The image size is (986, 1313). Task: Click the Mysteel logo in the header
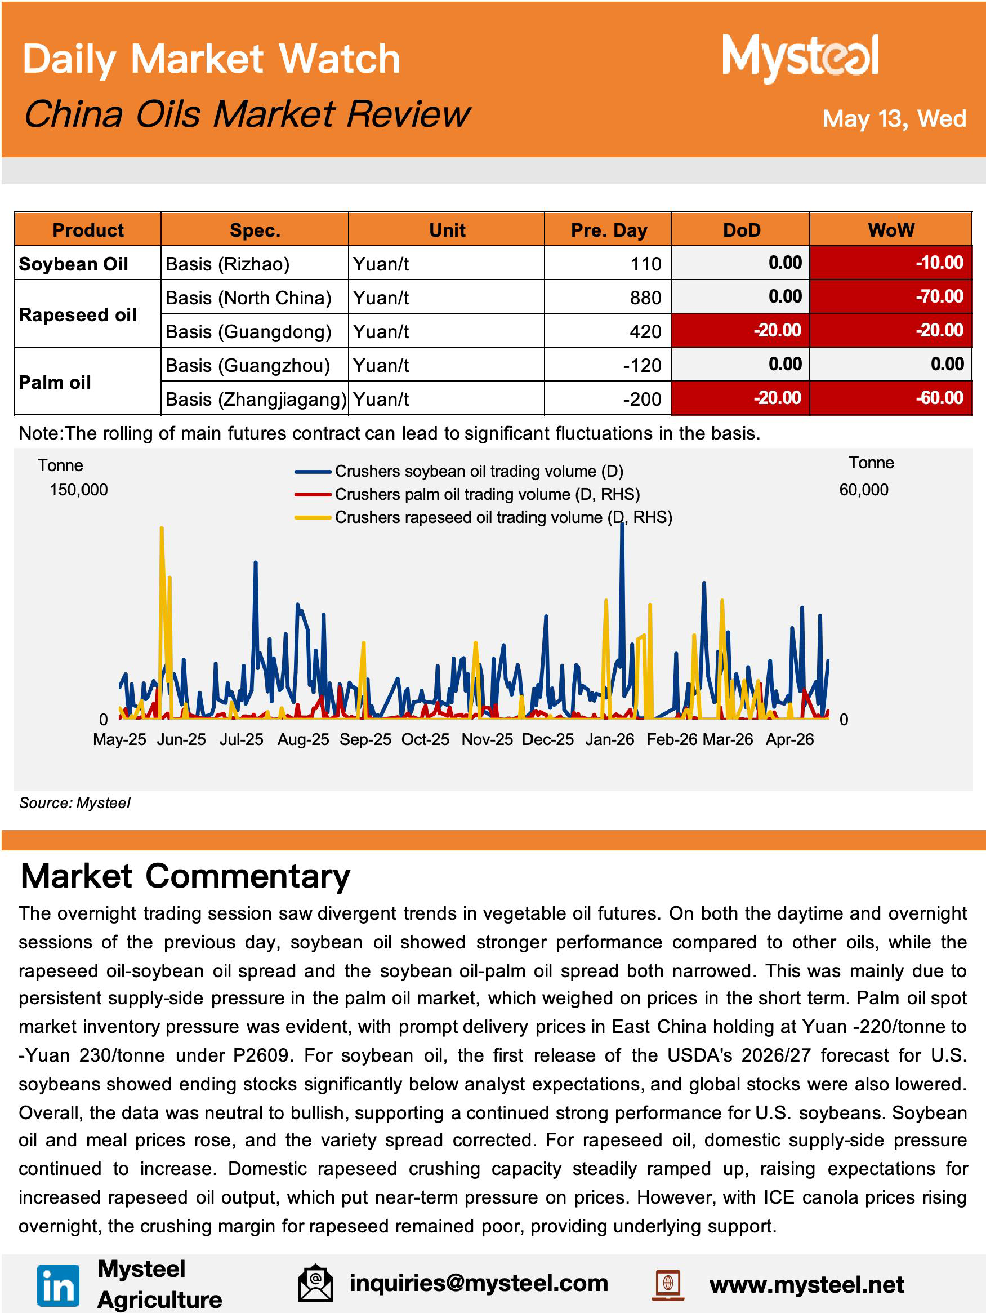pos(800,57)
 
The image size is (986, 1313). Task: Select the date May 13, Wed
pos(894,119)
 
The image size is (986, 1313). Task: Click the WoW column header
pos(890,230)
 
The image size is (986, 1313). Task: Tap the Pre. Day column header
pos(609,230)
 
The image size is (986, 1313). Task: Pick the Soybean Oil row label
pos(74,264)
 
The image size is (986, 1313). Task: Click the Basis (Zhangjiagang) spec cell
pos(256,399)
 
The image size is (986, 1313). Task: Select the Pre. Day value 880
pos(645,298)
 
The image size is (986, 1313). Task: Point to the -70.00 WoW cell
pos(939,296)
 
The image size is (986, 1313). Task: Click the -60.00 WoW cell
pos(939,398)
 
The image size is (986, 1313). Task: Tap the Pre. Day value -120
pos(642,365)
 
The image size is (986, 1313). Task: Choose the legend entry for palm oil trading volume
pos(467,494)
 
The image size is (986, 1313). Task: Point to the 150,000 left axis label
pos(79,490)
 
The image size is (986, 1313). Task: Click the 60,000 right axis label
pos(863,490)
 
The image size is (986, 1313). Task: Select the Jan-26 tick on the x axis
pos(609,739)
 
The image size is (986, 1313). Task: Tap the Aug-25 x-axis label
pos(303,739)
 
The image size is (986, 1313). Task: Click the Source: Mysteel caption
pos(75,802)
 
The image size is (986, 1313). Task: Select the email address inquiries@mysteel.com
pos(479,1283)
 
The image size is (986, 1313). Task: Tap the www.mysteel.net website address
pos(806,1285)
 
